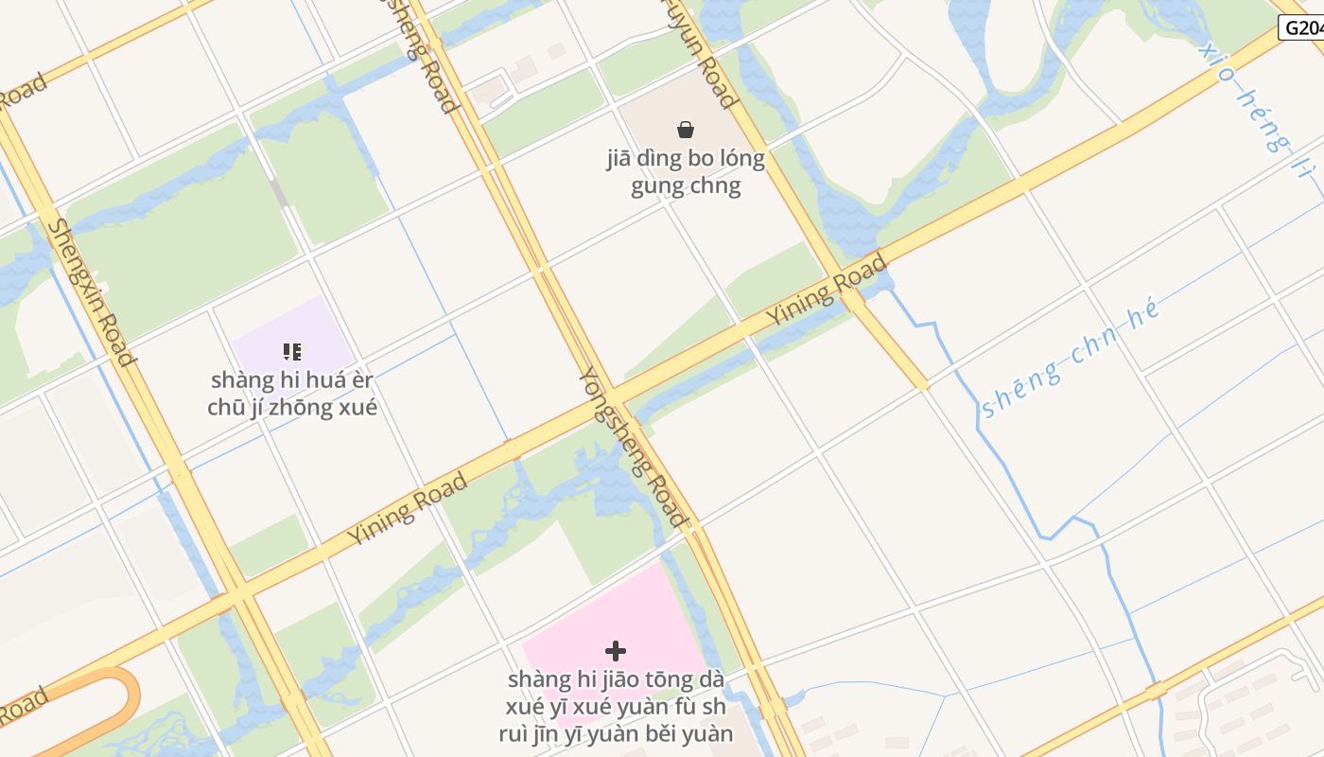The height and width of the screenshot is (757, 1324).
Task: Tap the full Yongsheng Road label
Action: pyautogui.click(x=632, y=447)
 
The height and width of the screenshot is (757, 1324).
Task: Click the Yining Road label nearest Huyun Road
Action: pyautogui.click(x=827, y=288)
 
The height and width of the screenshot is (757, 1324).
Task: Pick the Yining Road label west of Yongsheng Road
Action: pyautogui.click(x=408, y=508)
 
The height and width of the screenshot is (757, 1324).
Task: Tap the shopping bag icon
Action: pyautogui.click(x=686, y=130)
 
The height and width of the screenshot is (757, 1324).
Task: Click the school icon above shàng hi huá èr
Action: pyautogui.click(x=292, y=352)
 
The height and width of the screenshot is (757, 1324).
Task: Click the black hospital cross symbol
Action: pyautogui.click(x=616, y=651)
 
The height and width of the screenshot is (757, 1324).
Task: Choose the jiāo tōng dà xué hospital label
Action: pyautogui.click(x=616, y=706)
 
